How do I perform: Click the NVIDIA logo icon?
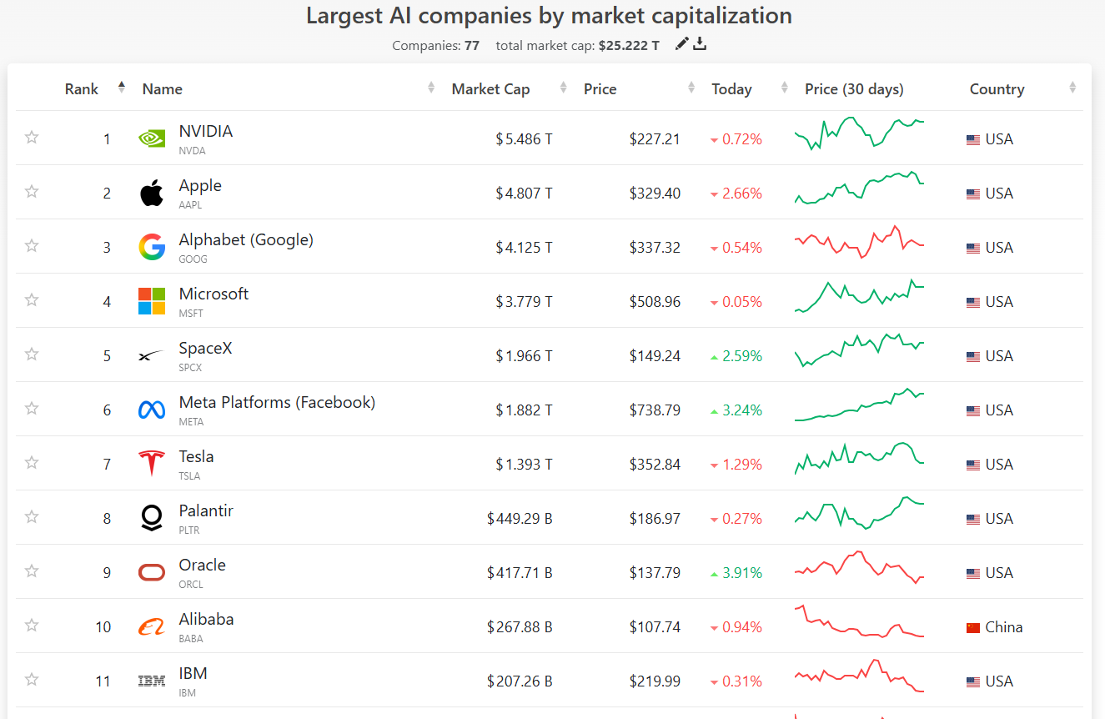coord(152,138)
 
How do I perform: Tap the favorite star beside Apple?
coord(32,192)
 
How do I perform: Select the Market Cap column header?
coord(490,88)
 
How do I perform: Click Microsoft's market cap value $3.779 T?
coord(524,301)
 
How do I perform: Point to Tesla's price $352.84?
coord(655,465)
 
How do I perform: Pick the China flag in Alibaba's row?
coord(972,628)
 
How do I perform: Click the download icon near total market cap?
coord(700,44)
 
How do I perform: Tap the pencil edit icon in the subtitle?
coord(681,44)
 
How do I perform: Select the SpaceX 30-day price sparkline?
coord(859,350)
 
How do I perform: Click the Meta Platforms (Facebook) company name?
coord(277,402)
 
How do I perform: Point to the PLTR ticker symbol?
coord(189,530)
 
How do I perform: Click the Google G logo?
coord(152,247)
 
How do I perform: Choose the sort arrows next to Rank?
coord(122,88)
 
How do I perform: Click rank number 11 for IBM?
coord(103,681)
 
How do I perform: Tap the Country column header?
coord(997,88)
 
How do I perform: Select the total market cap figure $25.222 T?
coord(629,45)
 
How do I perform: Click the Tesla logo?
coord(152,463)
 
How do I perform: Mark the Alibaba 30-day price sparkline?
coord(859,621)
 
